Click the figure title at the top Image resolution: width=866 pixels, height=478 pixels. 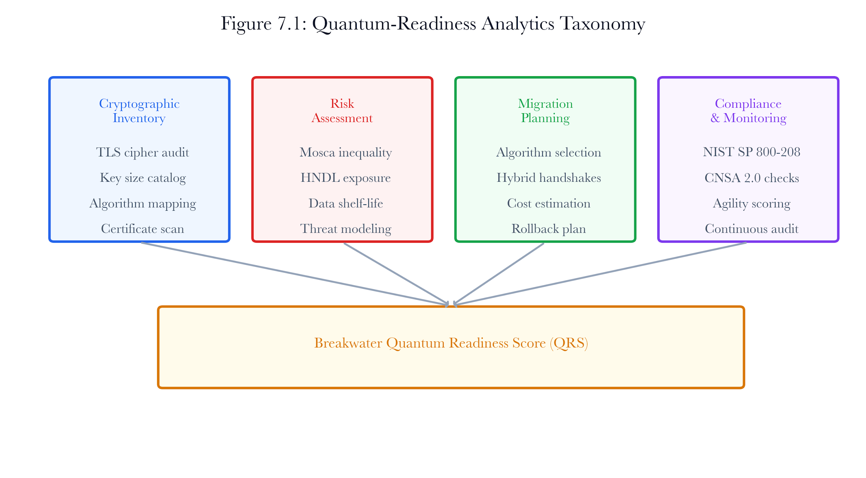[433, 24]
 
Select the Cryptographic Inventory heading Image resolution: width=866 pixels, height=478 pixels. [139, 111]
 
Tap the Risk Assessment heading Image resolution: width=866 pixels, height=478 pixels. [342, 111]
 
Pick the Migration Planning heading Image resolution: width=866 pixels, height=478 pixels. [545, 111]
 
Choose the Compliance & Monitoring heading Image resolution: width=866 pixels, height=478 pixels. [748, 111]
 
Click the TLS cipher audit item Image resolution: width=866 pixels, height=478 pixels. [143, 152]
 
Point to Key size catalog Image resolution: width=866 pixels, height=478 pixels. [143, 178]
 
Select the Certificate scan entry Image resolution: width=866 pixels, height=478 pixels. [143, 229]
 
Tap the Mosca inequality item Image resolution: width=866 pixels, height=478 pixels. [346, 152]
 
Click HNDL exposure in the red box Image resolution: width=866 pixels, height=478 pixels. [346, 178]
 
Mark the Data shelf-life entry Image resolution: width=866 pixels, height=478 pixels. [346, 203]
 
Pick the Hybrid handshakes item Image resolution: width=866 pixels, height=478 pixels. [549, 178]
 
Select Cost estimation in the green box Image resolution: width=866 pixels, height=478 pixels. [549, 203]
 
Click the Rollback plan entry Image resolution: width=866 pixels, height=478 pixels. [549, 229]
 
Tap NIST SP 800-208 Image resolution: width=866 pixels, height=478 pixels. [752, 152]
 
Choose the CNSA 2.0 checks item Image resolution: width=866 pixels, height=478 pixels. [752, 178]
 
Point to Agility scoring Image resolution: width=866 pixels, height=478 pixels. [752, 204]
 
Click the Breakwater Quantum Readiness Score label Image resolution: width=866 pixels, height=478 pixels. [451, 343]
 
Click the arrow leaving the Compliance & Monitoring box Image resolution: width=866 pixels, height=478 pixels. [600, 274]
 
